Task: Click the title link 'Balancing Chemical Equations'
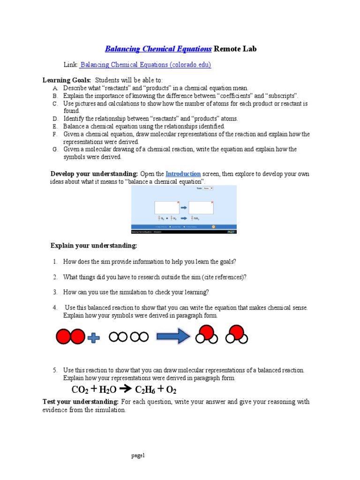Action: coord(158,49)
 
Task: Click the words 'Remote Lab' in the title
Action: coord(236,49)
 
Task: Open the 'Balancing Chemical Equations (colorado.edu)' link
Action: coord(146,65)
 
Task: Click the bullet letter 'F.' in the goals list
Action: coord(55,135)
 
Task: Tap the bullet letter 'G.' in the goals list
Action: coord(55,150)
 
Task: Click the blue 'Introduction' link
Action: coord(183,174)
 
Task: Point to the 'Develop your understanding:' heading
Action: coord(94,174)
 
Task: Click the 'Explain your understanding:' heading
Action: coord(94,246)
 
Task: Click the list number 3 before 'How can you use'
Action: coord(55,292)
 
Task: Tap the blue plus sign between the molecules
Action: coord(94,337)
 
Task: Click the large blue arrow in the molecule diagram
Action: coord(172,337)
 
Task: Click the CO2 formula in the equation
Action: coord(80,390)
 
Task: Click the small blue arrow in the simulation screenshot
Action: coord(184,206)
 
